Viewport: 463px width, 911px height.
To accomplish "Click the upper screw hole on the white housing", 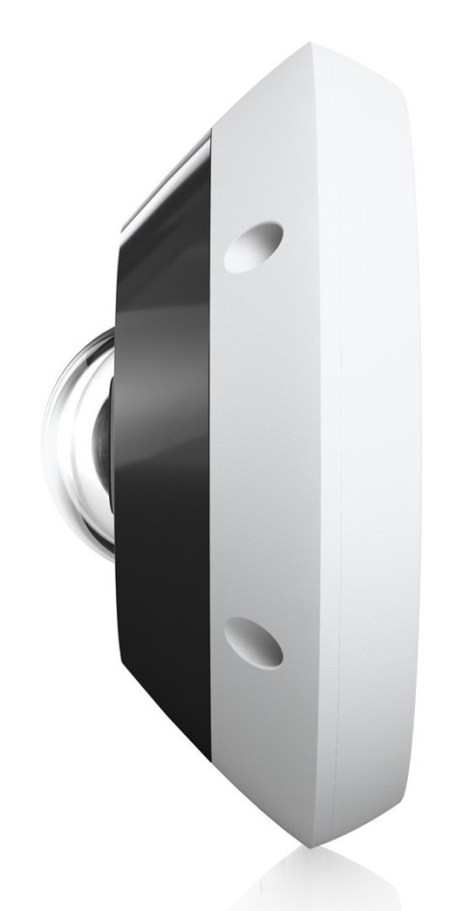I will (x=254, y=246).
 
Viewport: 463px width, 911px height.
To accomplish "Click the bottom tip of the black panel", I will (x=209, y=762).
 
